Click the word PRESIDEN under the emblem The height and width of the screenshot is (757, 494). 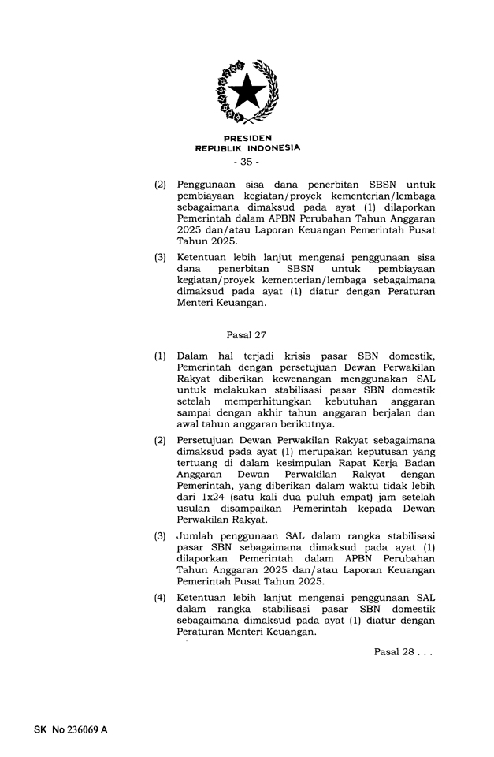point(247,137)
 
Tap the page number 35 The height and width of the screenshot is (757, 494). point(247,162)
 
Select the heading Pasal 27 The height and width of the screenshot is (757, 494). point(247,334)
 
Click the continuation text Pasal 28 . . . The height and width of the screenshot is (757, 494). point(403,652)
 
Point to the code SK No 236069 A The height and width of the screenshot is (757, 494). point(70,729)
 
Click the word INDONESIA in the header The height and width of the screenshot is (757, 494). point(273,147)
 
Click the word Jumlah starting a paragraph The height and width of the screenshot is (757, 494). point(196,536)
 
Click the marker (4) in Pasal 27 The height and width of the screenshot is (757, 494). point(160,599)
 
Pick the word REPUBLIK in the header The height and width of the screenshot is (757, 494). point(220,147)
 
